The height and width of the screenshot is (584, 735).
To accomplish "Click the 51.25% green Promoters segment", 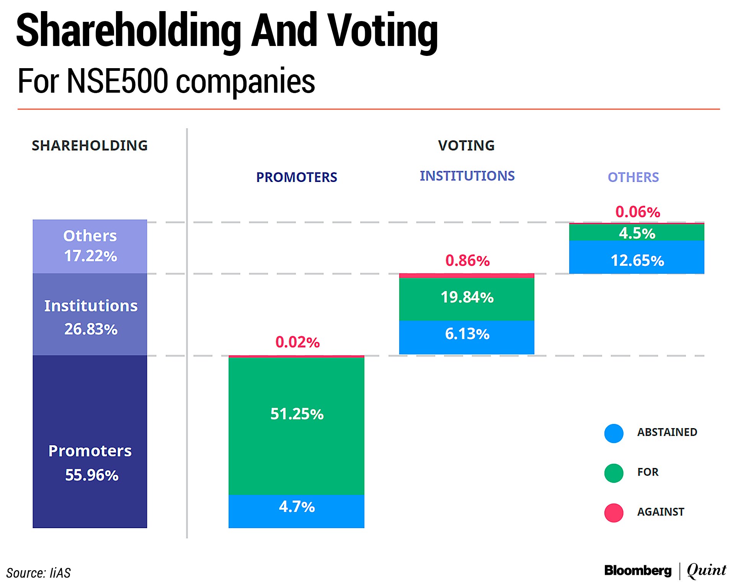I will click(x=296, y=425).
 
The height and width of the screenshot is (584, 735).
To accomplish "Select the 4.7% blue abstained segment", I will click(x=296, y=511).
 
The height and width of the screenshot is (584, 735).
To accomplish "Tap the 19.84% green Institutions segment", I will click(x=466, y=299).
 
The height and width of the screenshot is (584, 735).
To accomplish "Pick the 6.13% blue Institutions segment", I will click(x=466, y=337).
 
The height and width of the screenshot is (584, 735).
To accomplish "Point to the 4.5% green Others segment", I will click(x=636, y=232).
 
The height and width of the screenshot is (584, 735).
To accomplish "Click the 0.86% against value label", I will click(x=467, y=261).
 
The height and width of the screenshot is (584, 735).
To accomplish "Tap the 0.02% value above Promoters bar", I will click(x=297, y=342).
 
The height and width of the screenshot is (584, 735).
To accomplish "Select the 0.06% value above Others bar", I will click(x=637, y=212).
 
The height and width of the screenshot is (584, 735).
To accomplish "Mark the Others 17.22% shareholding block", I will click(x=90, y=246).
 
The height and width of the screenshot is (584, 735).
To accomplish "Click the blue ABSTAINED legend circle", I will click(x=614, y=434).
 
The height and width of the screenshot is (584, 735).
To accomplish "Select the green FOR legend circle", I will click(x=614, y=473).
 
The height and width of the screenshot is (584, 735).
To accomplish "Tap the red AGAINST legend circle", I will click(x=614, y=513).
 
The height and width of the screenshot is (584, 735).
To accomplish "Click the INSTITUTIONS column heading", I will click(x=467, y=176).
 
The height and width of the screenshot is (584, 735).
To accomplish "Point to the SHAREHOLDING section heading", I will click(x=90, y=146).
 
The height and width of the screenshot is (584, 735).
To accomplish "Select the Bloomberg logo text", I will click(x=637, y=571).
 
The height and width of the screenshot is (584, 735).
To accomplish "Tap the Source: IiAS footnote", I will click(x=38, y=573).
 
